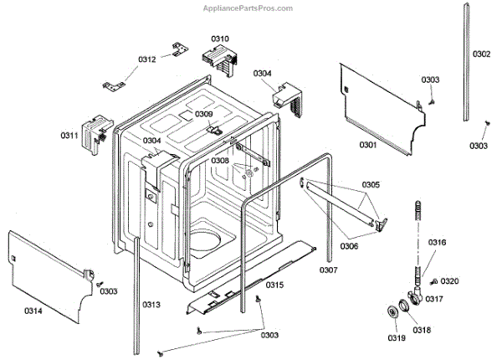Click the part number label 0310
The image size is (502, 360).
tap(220, 39)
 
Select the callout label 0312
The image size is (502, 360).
tap(147, 59)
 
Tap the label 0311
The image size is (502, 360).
tap(69, 136)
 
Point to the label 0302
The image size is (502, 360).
tap(481, 54)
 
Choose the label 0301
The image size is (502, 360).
tap(368, 145)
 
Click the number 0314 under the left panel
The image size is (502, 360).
tap(33, 311)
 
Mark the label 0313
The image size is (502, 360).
tap(151, 304)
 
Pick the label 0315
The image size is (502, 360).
tap(274, 285)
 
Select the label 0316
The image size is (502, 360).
tap(438, 243)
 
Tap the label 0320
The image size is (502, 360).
tap(450, 280)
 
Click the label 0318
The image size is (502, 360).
tap(422, 330)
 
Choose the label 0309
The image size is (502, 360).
tap(204, 114)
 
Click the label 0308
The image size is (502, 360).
tap(220, 160)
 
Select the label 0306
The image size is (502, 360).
tap(350, 246)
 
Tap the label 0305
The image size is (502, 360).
tap(371, 184)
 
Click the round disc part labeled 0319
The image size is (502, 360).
tap(392, 312)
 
